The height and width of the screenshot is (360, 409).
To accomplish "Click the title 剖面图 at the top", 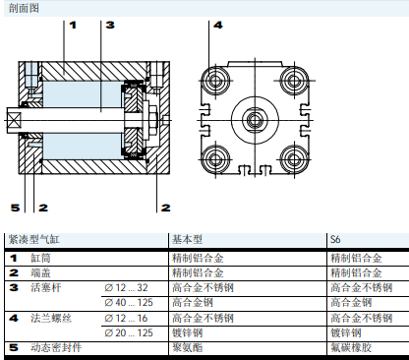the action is [x=24, y=8].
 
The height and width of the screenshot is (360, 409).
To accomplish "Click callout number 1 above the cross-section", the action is [x=73, y=25].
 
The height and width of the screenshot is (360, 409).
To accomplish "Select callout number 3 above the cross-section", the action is [x=110, y=25].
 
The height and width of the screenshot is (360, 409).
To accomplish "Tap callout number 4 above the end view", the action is [x=218, y=25].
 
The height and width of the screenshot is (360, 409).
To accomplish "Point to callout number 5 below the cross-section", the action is [x=15, y=208].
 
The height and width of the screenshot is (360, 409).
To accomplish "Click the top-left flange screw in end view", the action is [x=215, y=81].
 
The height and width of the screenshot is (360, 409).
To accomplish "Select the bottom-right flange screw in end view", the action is [x=294, y=159].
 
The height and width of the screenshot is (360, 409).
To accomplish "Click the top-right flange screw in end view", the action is [x=294, y=81].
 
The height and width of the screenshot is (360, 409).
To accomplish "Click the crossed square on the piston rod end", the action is [x=14, y=120].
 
